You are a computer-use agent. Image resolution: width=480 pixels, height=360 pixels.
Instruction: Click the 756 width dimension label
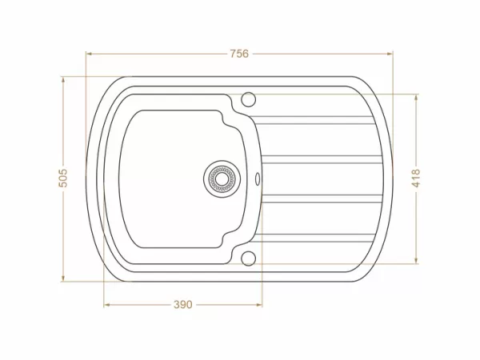tap(239, 54)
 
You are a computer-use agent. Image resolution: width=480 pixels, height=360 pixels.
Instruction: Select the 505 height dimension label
tap(64, 178)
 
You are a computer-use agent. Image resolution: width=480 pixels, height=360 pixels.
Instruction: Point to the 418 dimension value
tap(415, 178)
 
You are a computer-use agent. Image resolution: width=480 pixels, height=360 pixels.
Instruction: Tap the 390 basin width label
tap(183, 305)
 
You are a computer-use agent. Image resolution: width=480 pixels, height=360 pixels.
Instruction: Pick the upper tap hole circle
tap(248, 99)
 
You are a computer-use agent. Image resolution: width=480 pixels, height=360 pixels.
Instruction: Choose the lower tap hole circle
tap(248, 257)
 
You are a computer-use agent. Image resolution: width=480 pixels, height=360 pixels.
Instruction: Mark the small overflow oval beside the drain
tap(258, 178)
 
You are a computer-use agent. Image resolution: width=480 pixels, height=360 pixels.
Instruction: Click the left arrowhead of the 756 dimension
tap(89, 54)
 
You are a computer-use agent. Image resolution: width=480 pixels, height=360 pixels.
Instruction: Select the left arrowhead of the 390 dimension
tap(106, 305)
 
